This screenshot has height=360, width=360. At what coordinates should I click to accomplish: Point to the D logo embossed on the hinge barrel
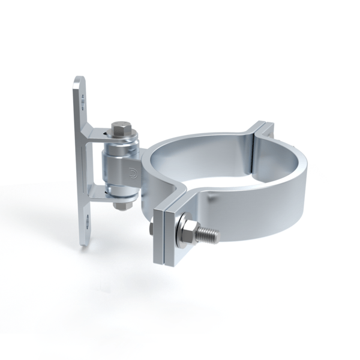[x=132, y=175]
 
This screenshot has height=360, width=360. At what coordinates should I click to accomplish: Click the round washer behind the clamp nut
[x=178, y=229]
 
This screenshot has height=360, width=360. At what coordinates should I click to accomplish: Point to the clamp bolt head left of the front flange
[x=150, y=228]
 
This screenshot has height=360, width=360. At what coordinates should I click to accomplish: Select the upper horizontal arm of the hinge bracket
[x=99, y=133]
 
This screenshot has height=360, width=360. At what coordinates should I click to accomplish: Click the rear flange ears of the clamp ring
[x=262, y=131]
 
